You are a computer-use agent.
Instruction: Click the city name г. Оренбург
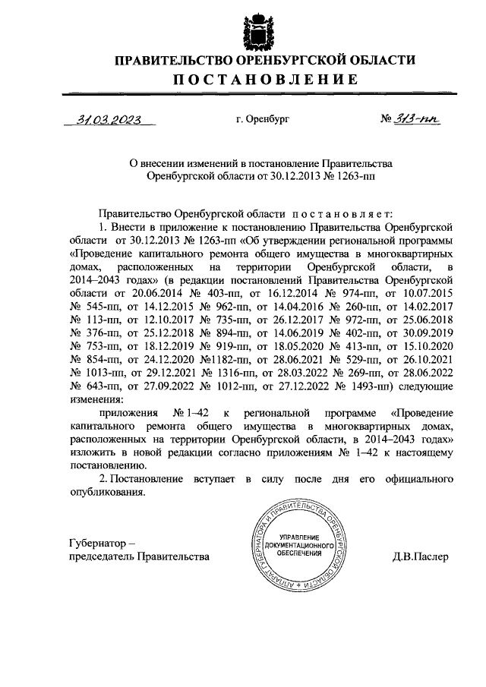pyautogui.click(x=263, y=119)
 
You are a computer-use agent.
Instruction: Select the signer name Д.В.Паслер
pyautogui.click(x=421, y=556)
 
